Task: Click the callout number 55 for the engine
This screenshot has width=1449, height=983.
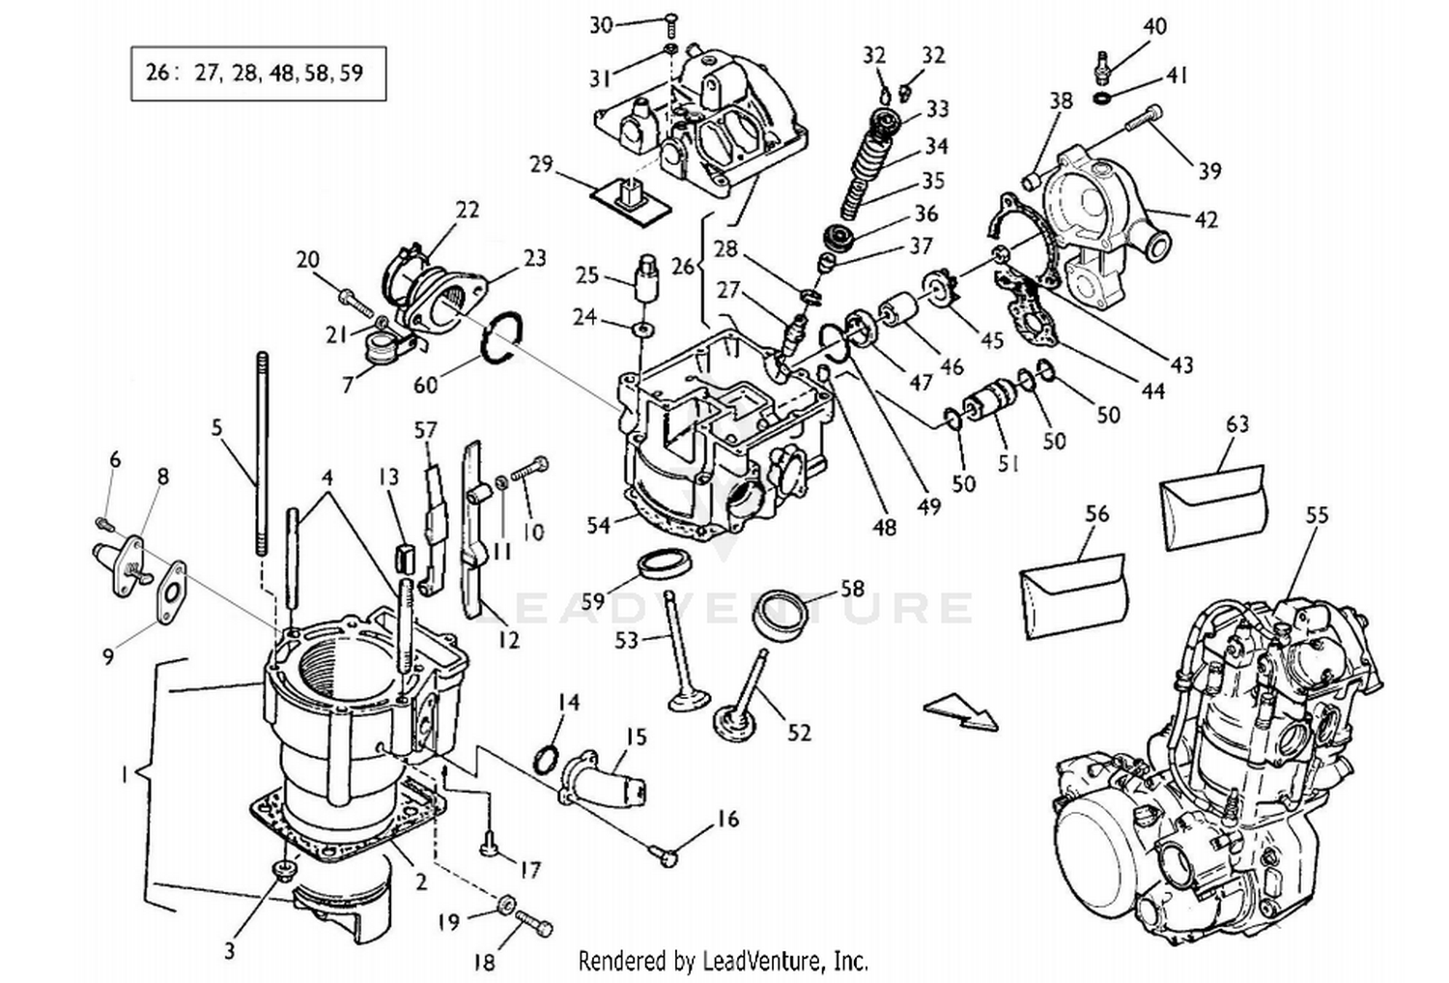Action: (x=1317, y=515)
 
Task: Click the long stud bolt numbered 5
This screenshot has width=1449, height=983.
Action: (x=261, y=454)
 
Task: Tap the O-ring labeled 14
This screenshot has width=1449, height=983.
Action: (x=546, y=759)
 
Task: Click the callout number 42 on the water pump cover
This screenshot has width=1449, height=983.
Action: (x=1206, y=219)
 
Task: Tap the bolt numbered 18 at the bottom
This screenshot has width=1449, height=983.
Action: (x=534, y=923)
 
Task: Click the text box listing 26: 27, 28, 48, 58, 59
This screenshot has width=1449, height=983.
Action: (x=258, y=72)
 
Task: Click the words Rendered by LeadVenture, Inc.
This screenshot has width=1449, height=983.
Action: (x=723, y=961)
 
